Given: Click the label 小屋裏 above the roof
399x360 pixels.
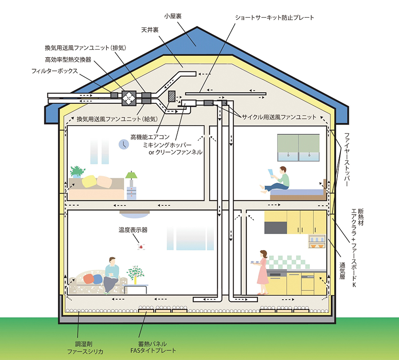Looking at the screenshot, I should coord(173,16).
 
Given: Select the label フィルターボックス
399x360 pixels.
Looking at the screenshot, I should coord(55,70).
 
